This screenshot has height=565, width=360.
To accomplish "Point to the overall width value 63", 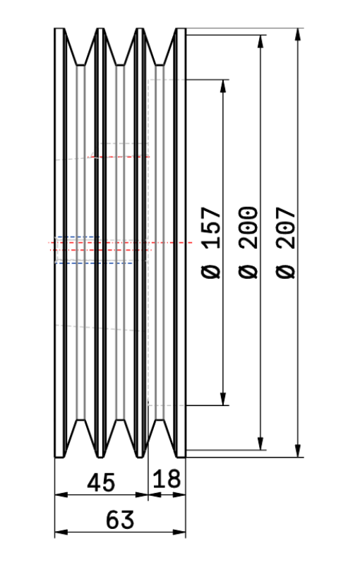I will (121, 520).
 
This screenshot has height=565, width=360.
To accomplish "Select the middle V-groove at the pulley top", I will (121, 47).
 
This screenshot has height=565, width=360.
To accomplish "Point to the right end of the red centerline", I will (191, 242).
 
